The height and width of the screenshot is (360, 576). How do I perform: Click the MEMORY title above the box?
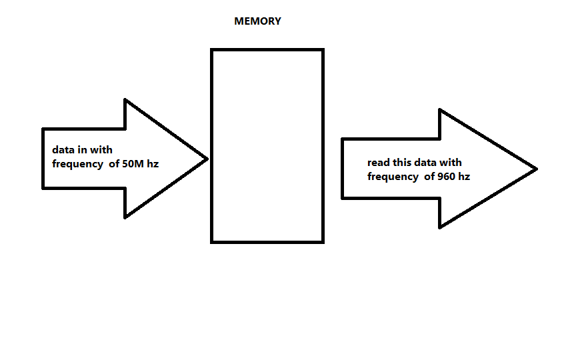(x=257, y=21)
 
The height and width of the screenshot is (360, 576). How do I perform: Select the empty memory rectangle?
(x=267, y=145)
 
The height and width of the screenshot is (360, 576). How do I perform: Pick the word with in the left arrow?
(x=102, y=151)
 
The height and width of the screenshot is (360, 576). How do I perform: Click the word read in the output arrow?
(x=379, y=163)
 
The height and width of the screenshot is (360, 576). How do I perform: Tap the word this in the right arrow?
(x=402, y=163)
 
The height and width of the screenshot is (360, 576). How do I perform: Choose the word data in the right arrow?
(x=426, y=163)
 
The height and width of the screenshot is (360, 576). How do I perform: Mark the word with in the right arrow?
(x=451, y=163)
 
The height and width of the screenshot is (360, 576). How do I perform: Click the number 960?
(x=446, y=177)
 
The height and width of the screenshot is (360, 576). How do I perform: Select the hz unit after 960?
(x=464, y=177)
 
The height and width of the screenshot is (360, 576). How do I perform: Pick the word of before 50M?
(x=114, y=164)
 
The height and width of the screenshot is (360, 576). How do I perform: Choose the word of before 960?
(x=429, y=177)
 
